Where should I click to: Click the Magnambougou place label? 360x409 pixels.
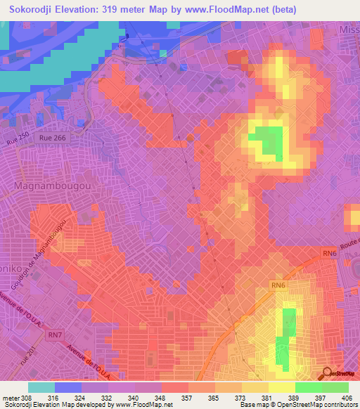click(48, 186)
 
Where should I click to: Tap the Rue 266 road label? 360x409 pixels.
click(53, 138)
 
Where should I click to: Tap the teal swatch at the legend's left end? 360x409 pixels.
click(41, 387)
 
